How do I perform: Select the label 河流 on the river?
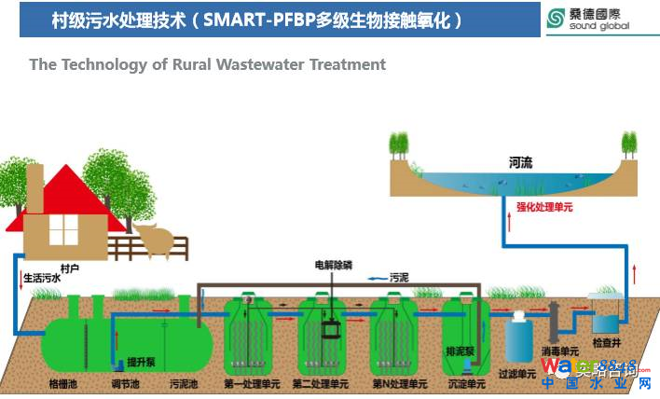520,163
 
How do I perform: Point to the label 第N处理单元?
398,383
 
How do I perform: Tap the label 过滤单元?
518,374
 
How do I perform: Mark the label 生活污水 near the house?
42,277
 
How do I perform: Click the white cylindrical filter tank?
518,337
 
